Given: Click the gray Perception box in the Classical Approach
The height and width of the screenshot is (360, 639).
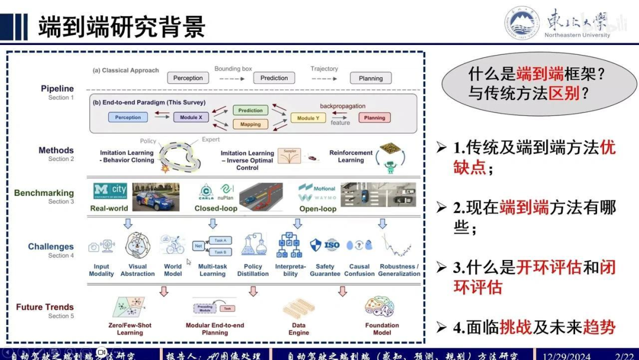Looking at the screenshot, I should coord(188,78).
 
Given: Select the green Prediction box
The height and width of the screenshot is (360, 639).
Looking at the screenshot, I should coord(250,110).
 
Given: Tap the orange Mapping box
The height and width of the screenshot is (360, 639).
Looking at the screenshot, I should coord(250,124).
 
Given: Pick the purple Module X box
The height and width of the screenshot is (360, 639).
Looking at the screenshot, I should coord(191,117).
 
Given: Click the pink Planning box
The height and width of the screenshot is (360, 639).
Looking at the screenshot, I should coord(375,118).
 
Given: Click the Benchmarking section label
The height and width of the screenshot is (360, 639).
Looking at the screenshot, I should coord(44,193).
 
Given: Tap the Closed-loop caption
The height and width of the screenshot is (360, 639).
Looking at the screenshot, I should coord(216,208).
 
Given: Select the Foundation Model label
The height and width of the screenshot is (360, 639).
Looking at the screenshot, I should coord(382,329).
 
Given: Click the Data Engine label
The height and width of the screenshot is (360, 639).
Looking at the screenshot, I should coord(299,329).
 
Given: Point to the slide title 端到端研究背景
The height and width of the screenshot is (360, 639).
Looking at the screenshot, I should coord(121,27).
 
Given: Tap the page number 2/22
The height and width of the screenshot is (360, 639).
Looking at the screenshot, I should coord(624,355).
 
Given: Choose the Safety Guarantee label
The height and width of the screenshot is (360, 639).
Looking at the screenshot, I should coord(325,270).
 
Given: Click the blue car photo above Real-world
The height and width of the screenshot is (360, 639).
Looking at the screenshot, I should coord(156,197).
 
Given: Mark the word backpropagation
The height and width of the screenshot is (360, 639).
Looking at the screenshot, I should coord(343,106).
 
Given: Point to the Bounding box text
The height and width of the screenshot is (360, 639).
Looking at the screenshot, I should coord(233,69).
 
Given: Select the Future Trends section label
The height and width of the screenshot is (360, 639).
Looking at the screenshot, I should coord(45,307).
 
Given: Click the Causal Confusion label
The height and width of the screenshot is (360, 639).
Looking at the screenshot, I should coord(359,270).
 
